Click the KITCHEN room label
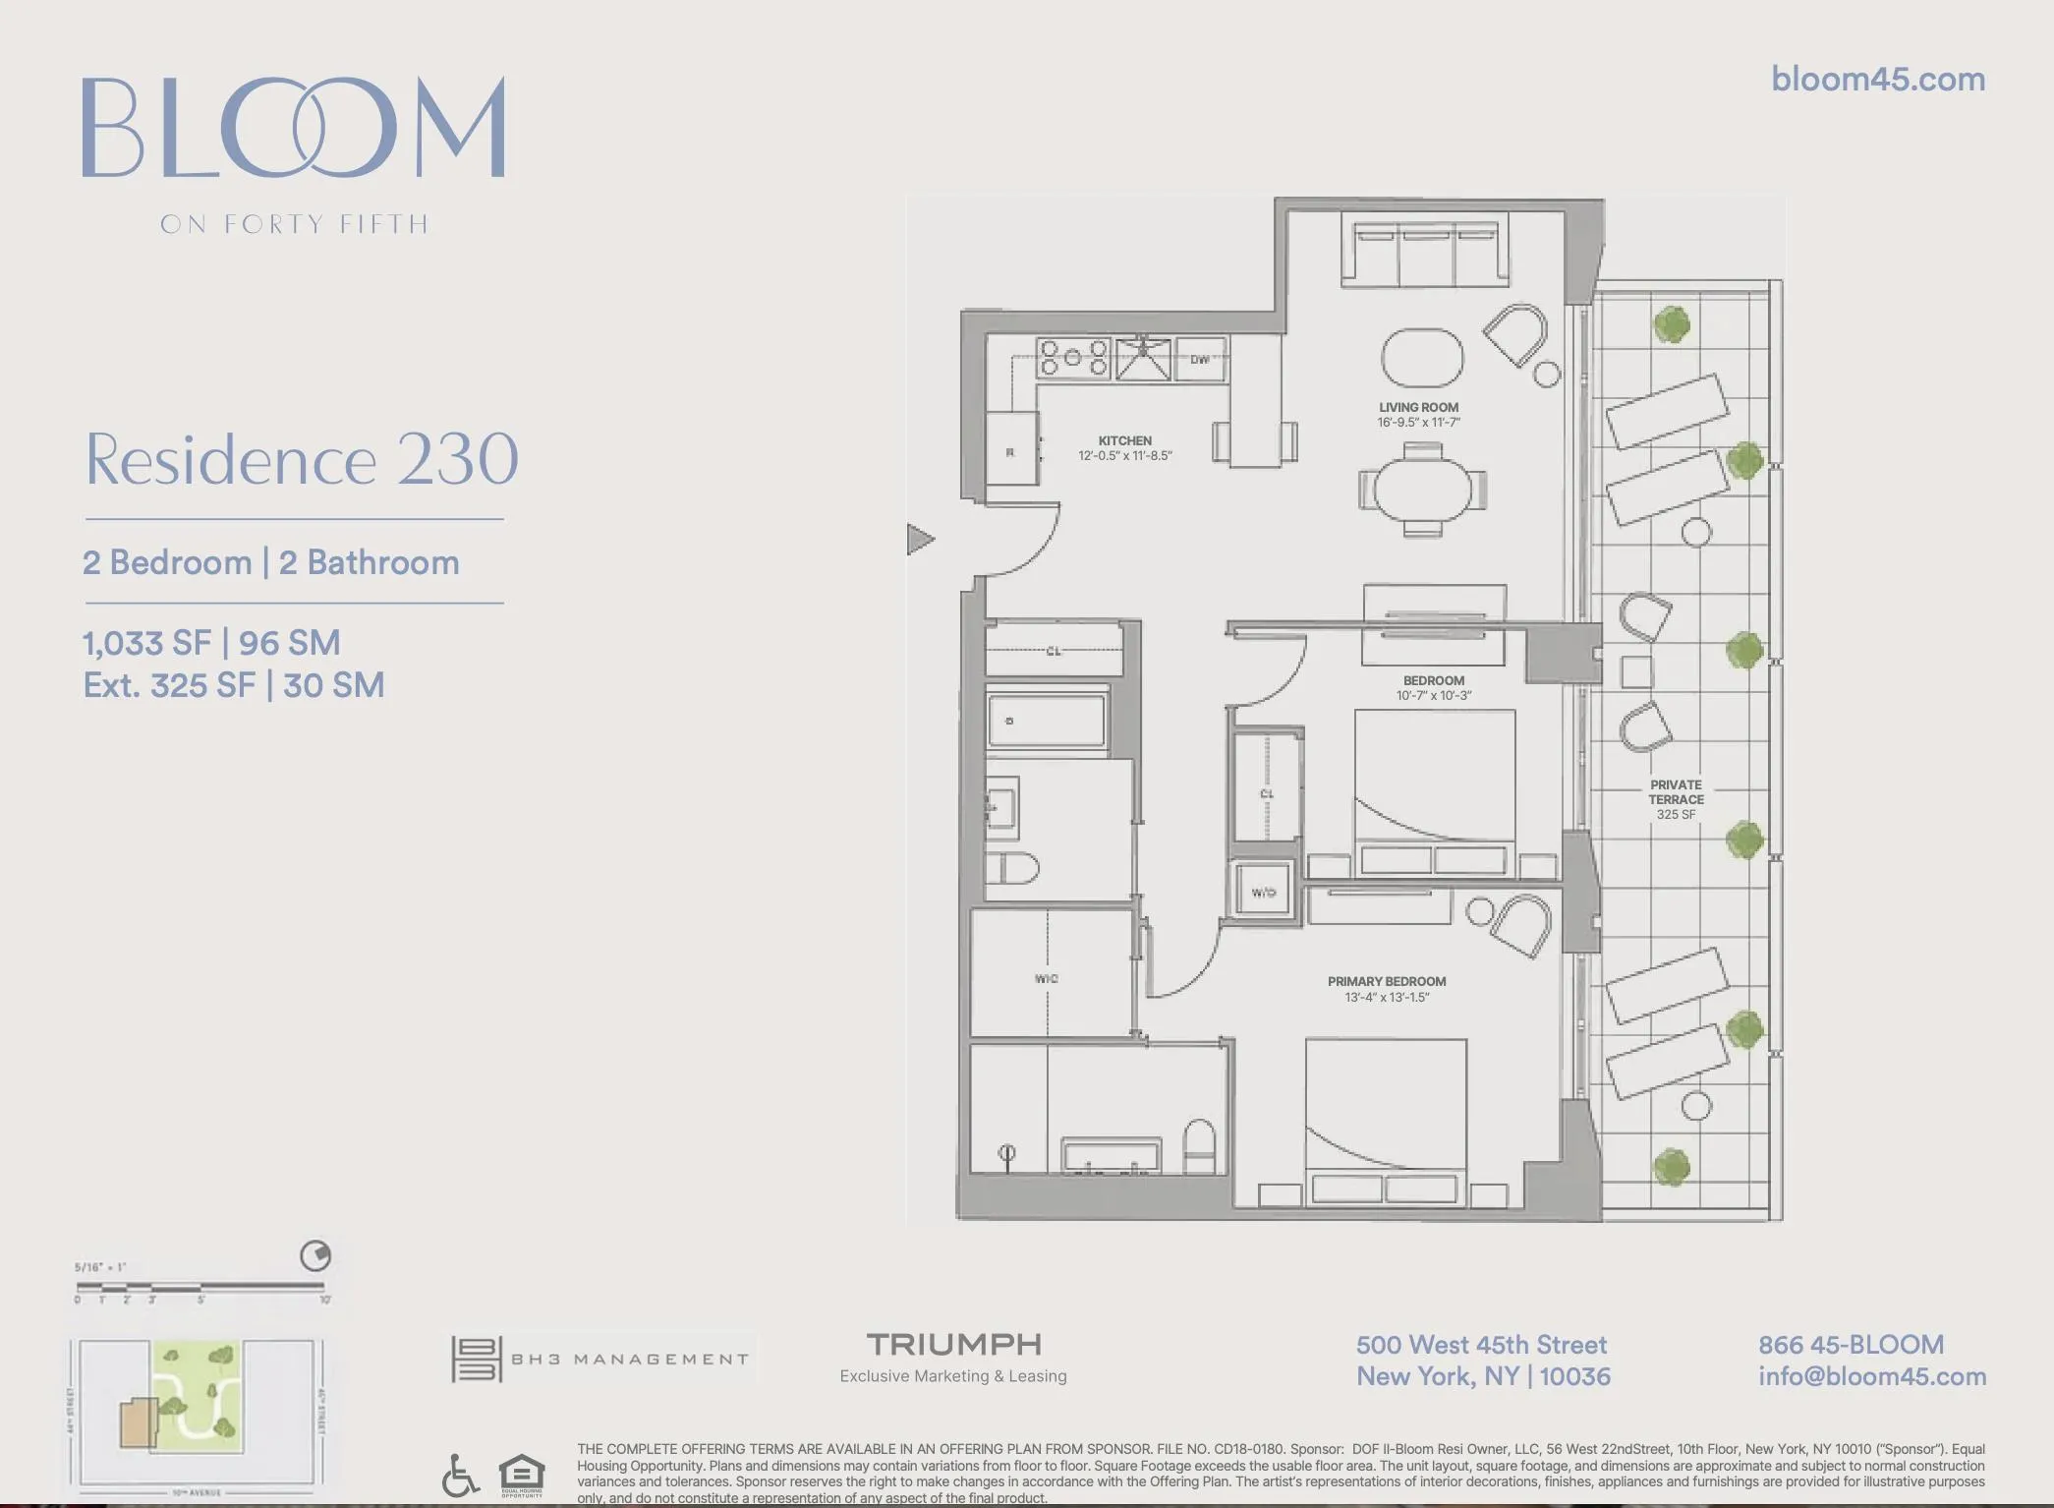1124,441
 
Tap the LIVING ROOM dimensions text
1418,423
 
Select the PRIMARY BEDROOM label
1386,981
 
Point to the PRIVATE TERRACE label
1676,792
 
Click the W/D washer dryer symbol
1263,892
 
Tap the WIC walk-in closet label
1046,978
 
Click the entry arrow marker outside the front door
919,539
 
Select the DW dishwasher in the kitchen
1200,360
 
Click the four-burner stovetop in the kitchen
1072,359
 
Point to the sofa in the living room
1425,256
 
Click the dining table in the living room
1422,489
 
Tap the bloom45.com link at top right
1877,80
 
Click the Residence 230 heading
302,459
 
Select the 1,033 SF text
146,643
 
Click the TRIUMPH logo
953,1344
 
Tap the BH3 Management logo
600,1359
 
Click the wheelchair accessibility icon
460,1476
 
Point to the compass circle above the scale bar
315,1255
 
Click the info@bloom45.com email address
1871,1376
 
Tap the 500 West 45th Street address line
1481,1345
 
